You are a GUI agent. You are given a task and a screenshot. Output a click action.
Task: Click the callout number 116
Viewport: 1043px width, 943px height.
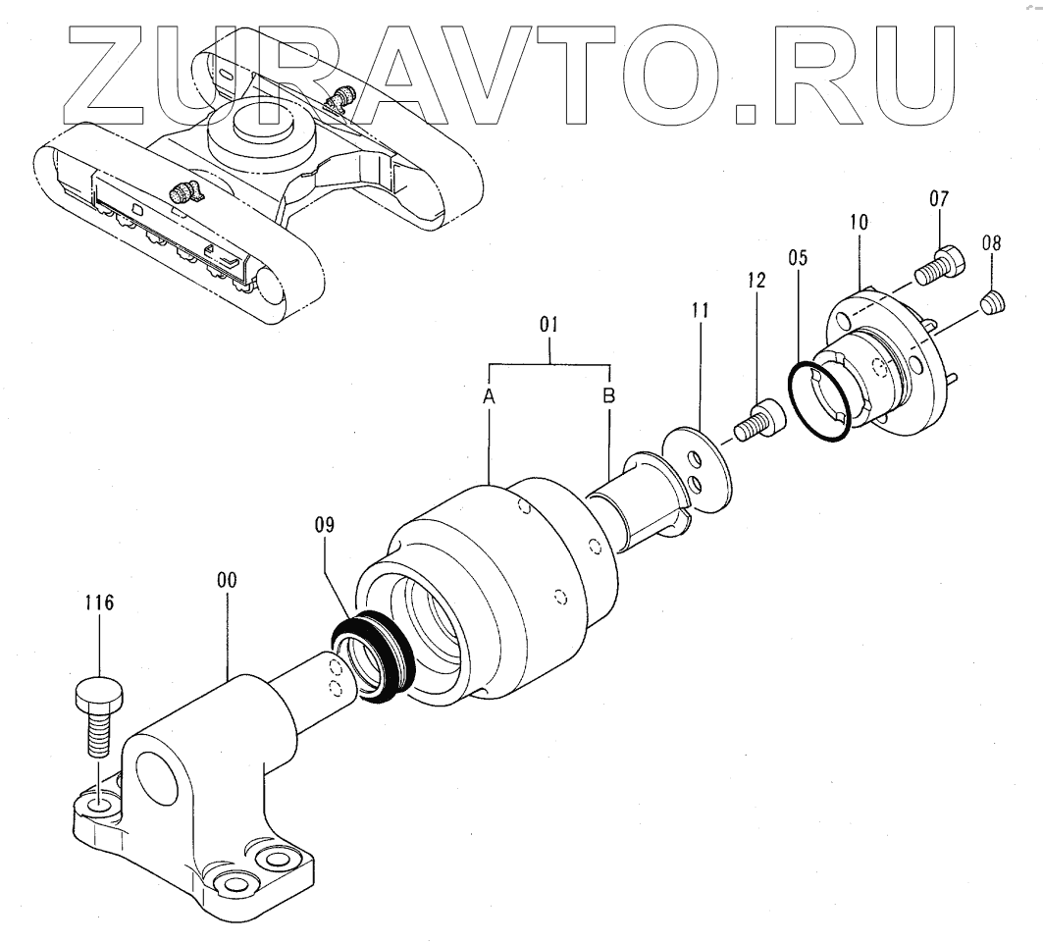click(x=98, y=603)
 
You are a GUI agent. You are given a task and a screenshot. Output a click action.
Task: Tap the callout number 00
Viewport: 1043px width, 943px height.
click(x=228, y=581)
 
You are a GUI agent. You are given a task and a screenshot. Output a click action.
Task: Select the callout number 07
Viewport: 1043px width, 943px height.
click(x=938, y=199)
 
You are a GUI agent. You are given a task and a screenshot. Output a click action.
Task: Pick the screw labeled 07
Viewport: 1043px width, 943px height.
click(x=940, y=263)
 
